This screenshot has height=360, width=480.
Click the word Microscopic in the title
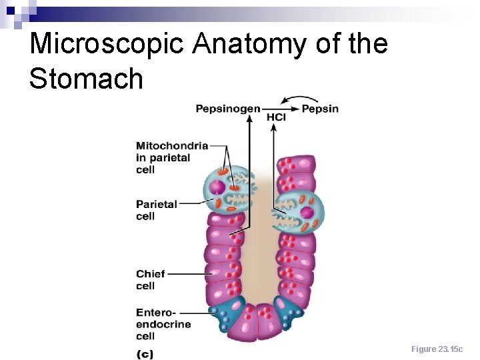click(107, 44)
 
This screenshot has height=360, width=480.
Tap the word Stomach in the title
click(86, 78)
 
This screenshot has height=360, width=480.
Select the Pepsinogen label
click(227, 109)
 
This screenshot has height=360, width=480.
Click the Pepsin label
click(320, 109)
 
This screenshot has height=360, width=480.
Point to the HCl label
click(276, 118)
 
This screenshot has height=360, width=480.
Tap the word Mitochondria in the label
click(172, 145)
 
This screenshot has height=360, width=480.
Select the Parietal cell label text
click(156, 210)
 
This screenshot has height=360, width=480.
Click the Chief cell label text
click(150, 279)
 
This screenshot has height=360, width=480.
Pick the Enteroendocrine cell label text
click(163, 324)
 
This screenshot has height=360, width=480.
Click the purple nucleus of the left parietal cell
click(217, 188)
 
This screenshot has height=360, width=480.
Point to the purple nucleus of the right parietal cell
click(307, 214)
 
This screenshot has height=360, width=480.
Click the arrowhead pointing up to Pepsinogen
click(249, 118)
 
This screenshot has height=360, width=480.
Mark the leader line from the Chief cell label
click(189, 273)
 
